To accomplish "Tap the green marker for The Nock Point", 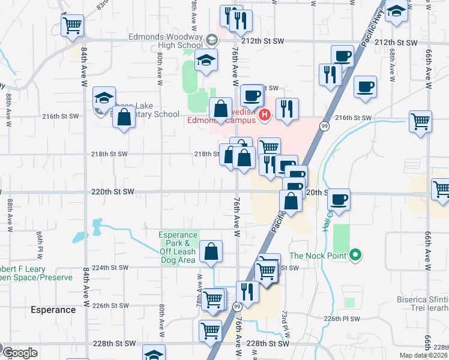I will point(355,255).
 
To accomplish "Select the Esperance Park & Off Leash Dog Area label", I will point(178,247).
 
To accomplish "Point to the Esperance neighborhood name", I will point(54,310).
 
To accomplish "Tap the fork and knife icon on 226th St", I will point(247,291).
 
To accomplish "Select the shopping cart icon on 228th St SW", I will point(210,329).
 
